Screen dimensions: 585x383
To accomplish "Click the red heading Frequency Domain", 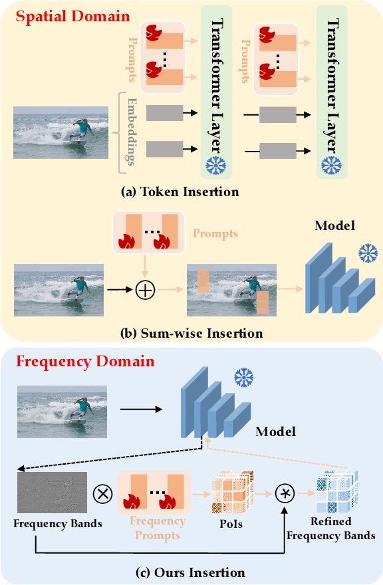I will (x=84, y=362).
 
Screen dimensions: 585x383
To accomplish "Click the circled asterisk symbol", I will (x=285, y=494).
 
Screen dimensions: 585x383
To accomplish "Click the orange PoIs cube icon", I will (x=233, y=492).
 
